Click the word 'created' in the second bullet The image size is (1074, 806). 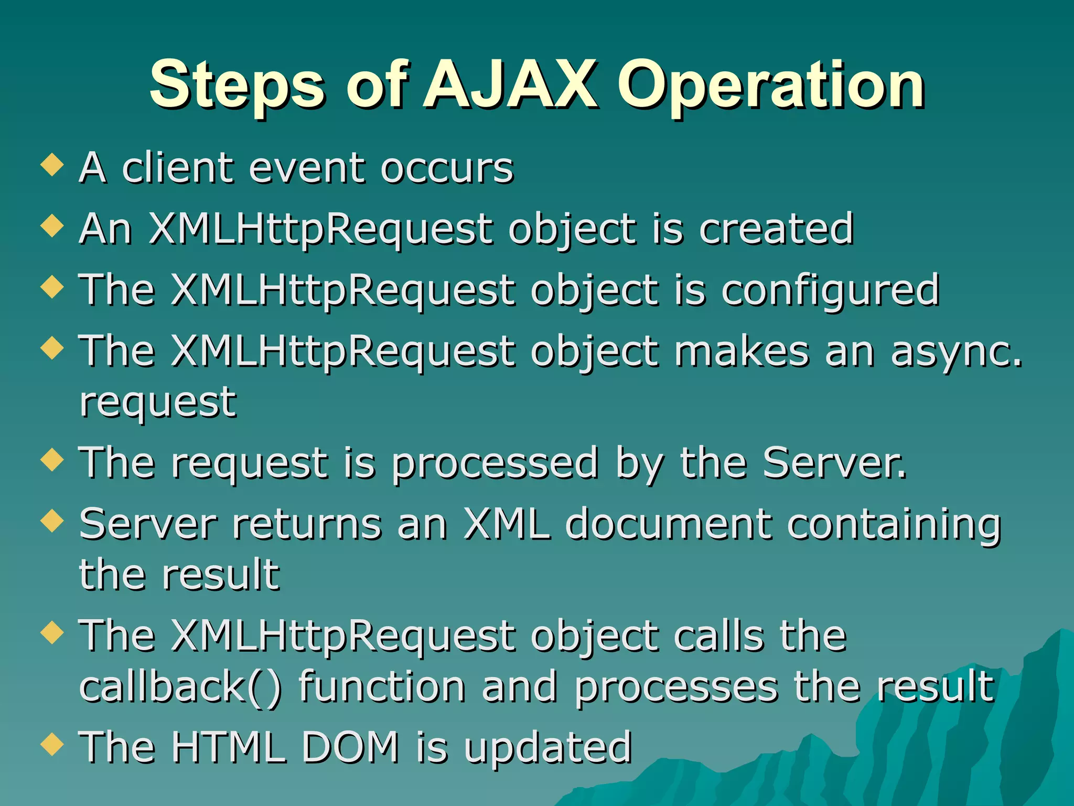click(776, 229)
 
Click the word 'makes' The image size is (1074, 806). click(742, 352)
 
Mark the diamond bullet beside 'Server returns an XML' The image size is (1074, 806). click(52, 521)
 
